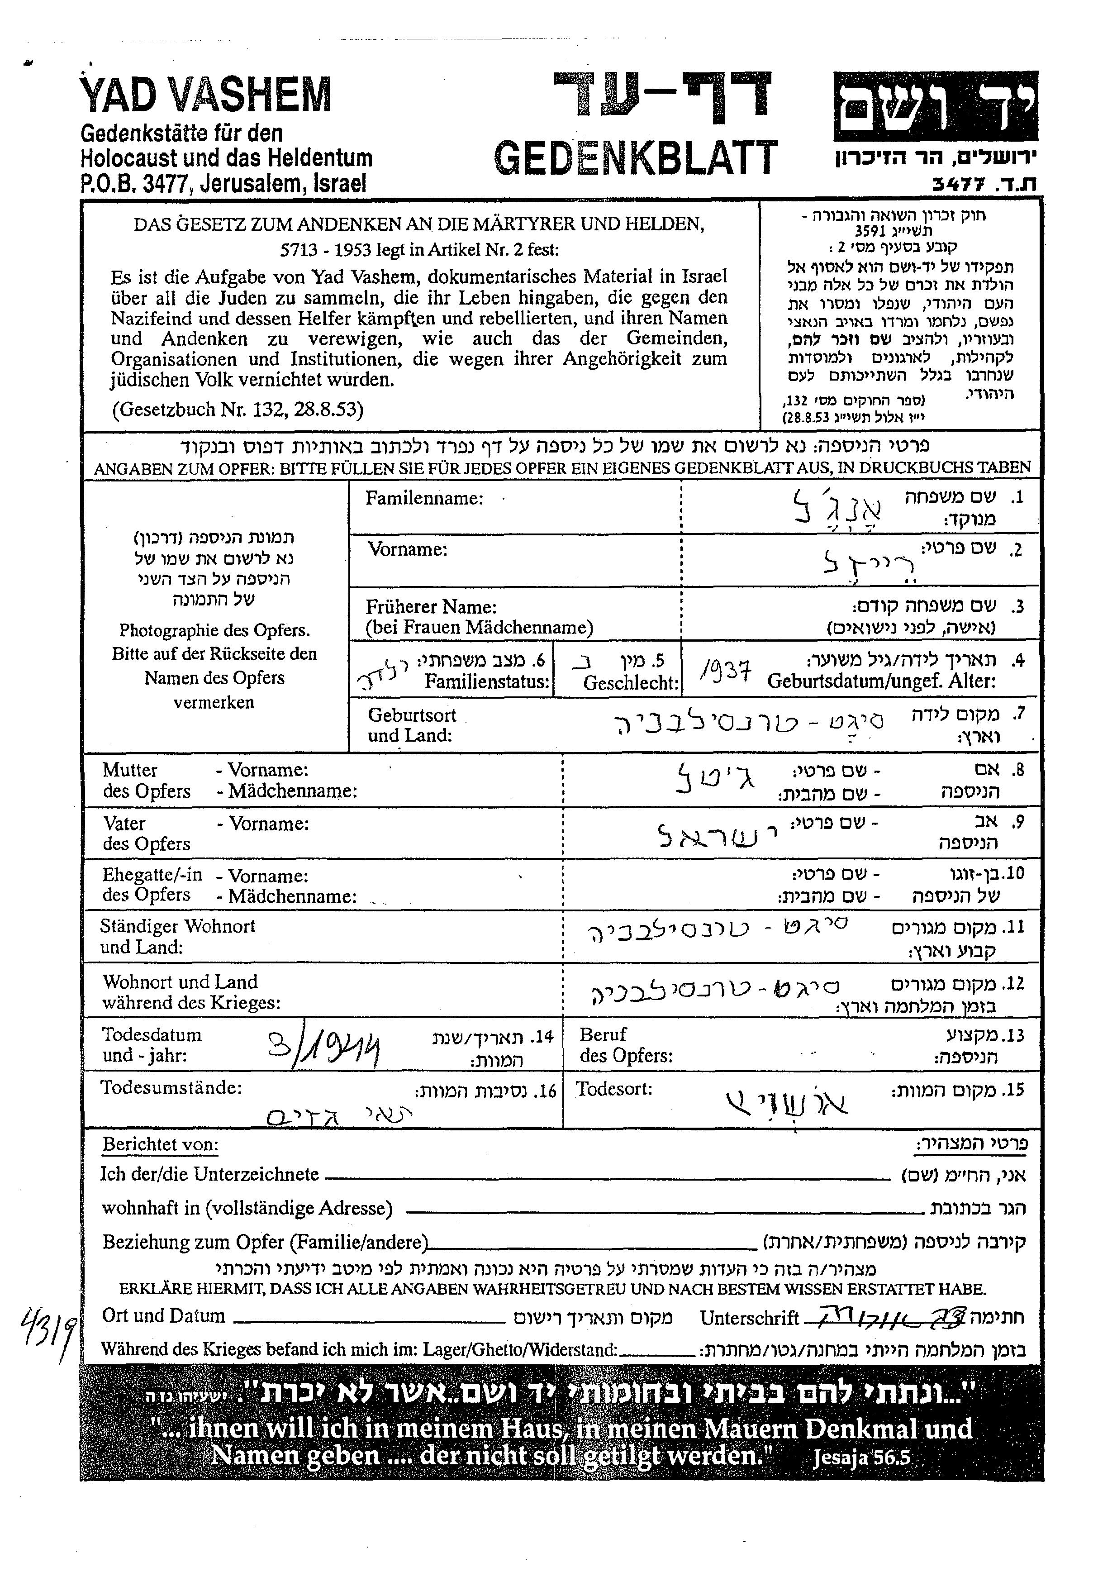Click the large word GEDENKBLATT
tap(636, 157)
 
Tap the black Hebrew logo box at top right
tap(936, 106)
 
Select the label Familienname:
tap(424, 498)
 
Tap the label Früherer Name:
tap(431, 607)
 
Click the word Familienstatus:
tap(487, 682)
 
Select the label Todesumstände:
tap(171, 1088)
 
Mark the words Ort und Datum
tap(163, 1315)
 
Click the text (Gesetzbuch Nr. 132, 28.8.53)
tap(238, 410)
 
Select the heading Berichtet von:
tap(160, 1145)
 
